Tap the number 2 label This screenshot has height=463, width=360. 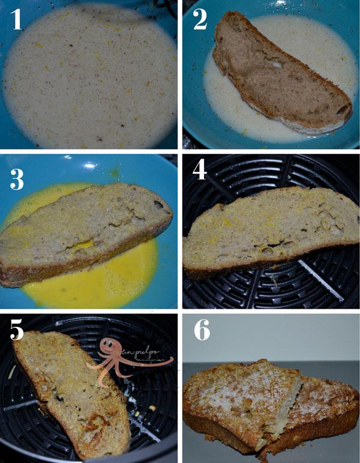point(200,19)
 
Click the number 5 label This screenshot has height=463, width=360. point(17,331)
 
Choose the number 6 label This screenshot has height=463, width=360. point(201,330)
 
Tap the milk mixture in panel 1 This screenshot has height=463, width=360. point(90,78)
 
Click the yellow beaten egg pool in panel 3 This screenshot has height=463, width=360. point(120,276)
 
